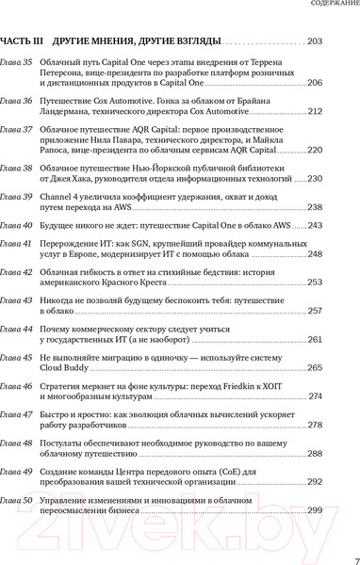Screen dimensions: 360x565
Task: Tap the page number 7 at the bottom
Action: (355, 557)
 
